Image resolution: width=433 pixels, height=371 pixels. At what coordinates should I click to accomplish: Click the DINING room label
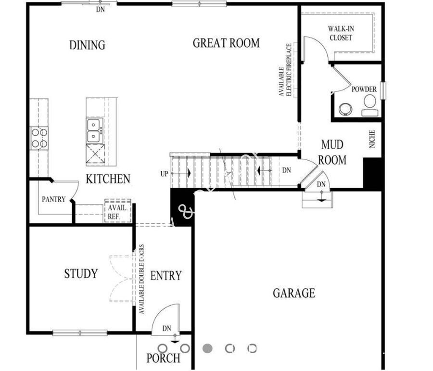tap(87, 45)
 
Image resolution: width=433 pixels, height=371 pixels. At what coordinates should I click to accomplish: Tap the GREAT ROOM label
tap(226, 43)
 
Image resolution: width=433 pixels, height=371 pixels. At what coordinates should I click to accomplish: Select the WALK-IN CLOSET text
tap(341, 33)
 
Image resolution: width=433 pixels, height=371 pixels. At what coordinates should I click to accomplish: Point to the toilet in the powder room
tap(369, 105)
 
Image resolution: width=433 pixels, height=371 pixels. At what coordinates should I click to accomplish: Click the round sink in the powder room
tap(345, 109)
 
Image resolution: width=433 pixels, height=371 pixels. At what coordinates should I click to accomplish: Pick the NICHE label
tap(372, 139)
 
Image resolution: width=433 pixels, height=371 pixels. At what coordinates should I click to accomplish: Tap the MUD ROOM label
tap(332, 152)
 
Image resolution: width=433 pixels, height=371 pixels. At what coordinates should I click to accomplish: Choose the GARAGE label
tap(294, 293)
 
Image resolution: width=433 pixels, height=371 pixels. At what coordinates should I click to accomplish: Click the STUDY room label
tap(81, 274)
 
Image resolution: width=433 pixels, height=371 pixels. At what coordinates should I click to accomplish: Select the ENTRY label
tap(166, 276)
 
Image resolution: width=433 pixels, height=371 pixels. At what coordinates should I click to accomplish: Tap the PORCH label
tap(164, 358)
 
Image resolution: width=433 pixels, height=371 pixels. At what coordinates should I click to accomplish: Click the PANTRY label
tap(53, 199)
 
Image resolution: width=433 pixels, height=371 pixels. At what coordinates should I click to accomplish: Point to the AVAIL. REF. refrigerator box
tap(117, 212)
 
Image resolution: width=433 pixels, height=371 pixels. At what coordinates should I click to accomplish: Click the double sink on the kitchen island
tap(94, 130)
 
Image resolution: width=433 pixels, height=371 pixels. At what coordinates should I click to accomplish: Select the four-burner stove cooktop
tap(39, 138)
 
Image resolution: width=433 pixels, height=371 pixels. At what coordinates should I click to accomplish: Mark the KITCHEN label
tap(108, 179)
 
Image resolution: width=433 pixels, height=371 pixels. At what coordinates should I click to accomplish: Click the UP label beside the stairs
tap(165, 174)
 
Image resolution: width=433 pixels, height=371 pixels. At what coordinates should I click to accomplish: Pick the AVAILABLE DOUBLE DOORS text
tap(142, 279)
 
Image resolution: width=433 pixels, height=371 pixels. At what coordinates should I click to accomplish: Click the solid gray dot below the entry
tap(207, 348)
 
